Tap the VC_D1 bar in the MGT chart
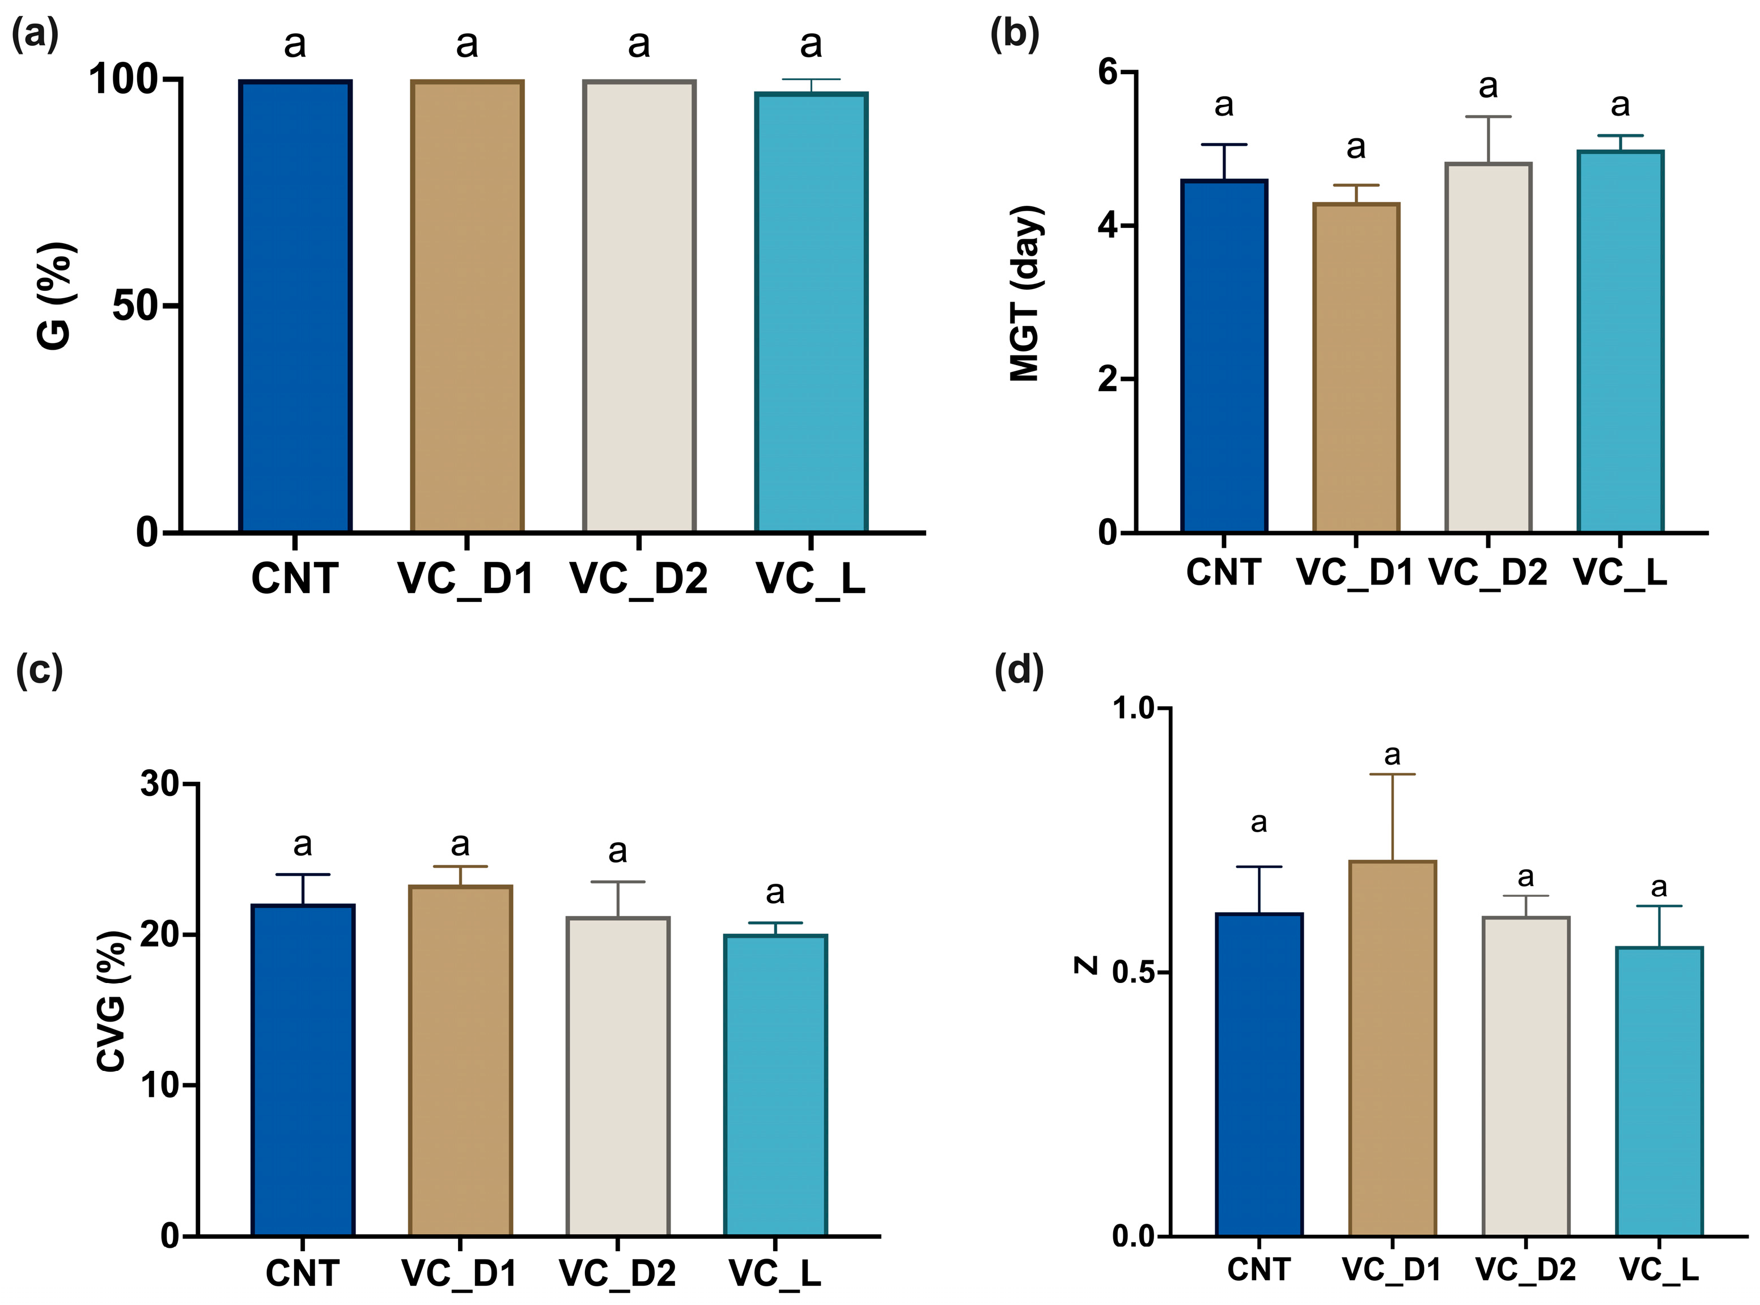click(1355, 368)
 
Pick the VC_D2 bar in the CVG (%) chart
click(618, 1076)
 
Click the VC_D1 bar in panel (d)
click(1392, 1048)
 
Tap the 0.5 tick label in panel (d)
click(1134, 972)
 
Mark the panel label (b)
click(1014, 35)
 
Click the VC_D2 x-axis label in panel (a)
click(638, 579)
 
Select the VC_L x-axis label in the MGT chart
click(1620, 572)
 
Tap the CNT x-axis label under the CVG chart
click(303, 1273)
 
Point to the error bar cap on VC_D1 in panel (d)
click(1392, 774)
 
